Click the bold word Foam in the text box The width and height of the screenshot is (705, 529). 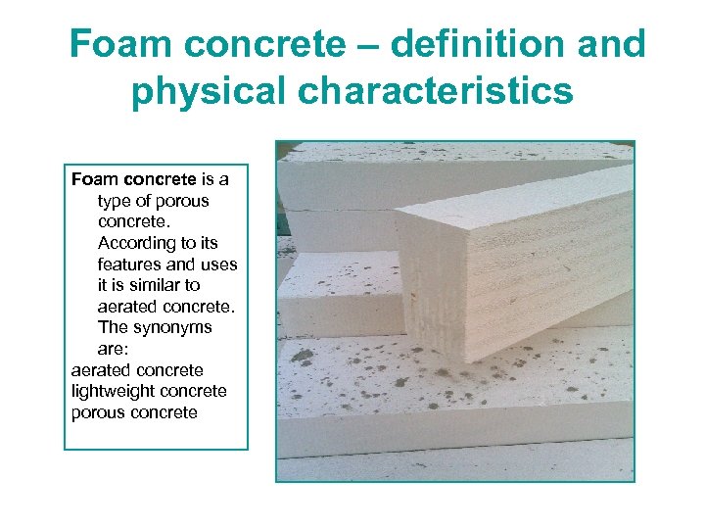(x=95, y=179)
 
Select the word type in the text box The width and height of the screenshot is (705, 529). (x=116, y=201)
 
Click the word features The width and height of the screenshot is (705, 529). (x=130, y=264)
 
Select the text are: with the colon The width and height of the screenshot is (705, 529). (x=114, y=349)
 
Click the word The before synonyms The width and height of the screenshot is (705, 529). (x=113, y=327)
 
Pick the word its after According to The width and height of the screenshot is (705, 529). (x=206, y=243)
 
